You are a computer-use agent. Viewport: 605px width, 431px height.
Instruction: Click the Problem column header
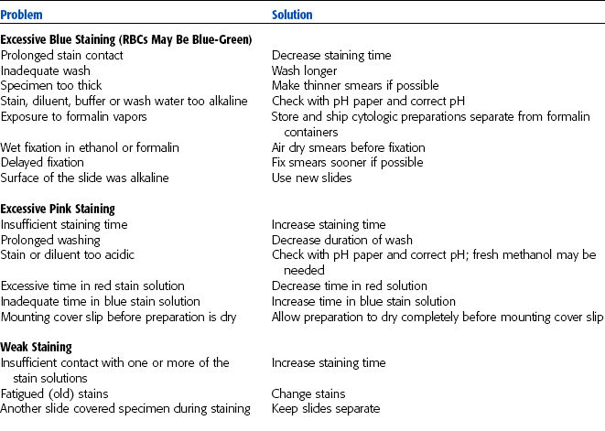coord(21,15)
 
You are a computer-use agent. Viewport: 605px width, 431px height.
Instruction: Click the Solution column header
coord(292,15)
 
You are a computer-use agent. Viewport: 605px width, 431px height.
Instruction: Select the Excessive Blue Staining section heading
coord(126,39)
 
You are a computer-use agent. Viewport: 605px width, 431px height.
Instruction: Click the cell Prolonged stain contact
coord(61,55)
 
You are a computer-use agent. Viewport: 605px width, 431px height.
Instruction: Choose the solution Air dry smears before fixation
coord(347,146)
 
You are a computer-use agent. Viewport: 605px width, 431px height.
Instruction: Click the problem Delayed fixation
coord(41,162)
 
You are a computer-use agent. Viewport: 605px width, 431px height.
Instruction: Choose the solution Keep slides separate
coord(326,408)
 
